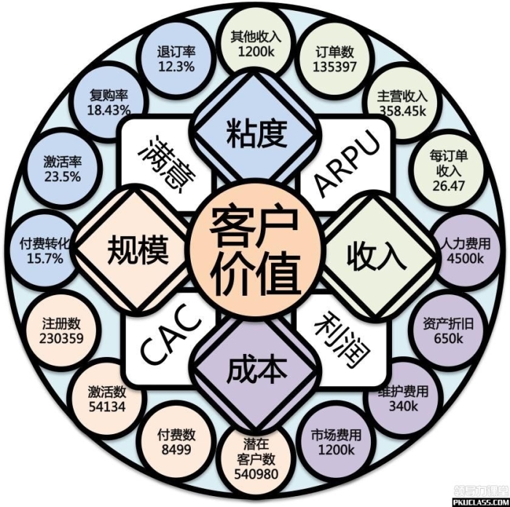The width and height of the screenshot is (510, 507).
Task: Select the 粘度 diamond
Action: [254, 132]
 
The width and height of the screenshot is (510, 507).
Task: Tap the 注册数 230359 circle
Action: [63, 331]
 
